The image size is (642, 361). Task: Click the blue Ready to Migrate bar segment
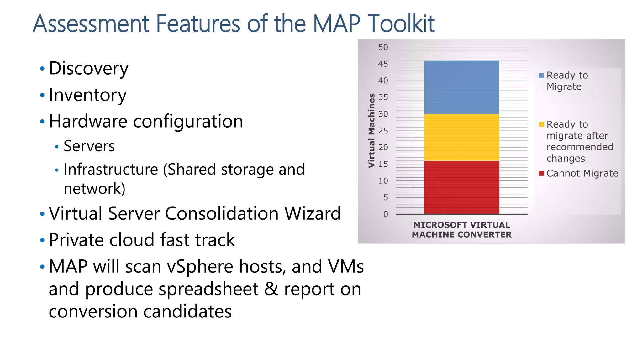coord(461,87)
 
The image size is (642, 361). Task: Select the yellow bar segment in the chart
coord(461,137)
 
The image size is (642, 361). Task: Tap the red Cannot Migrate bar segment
coord(461,187)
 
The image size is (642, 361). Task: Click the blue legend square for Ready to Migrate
coord(541,75)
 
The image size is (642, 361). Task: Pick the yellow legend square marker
coord(541,124)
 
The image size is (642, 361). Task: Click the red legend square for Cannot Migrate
coord(541,173)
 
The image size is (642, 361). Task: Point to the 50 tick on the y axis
coord(383,47)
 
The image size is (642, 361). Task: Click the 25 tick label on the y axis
coord(383,131)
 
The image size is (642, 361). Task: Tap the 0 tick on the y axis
coord(386,214)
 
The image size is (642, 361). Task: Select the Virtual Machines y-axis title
coord(371,130)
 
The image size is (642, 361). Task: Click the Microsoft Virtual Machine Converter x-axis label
coord(461,230)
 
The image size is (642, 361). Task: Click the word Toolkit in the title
coord(401,24)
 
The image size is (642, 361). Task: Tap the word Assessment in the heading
coord(91,24)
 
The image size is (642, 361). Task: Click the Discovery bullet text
coord(89,69)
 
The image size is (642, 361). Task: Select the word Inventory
coord(88,95)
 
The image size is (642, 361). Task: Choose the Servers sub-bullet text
coord(89,146)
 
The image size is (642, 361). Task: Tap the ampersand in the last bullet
coord(271,289)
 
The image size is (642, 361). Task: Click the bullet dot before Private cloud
coord(42,241)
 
